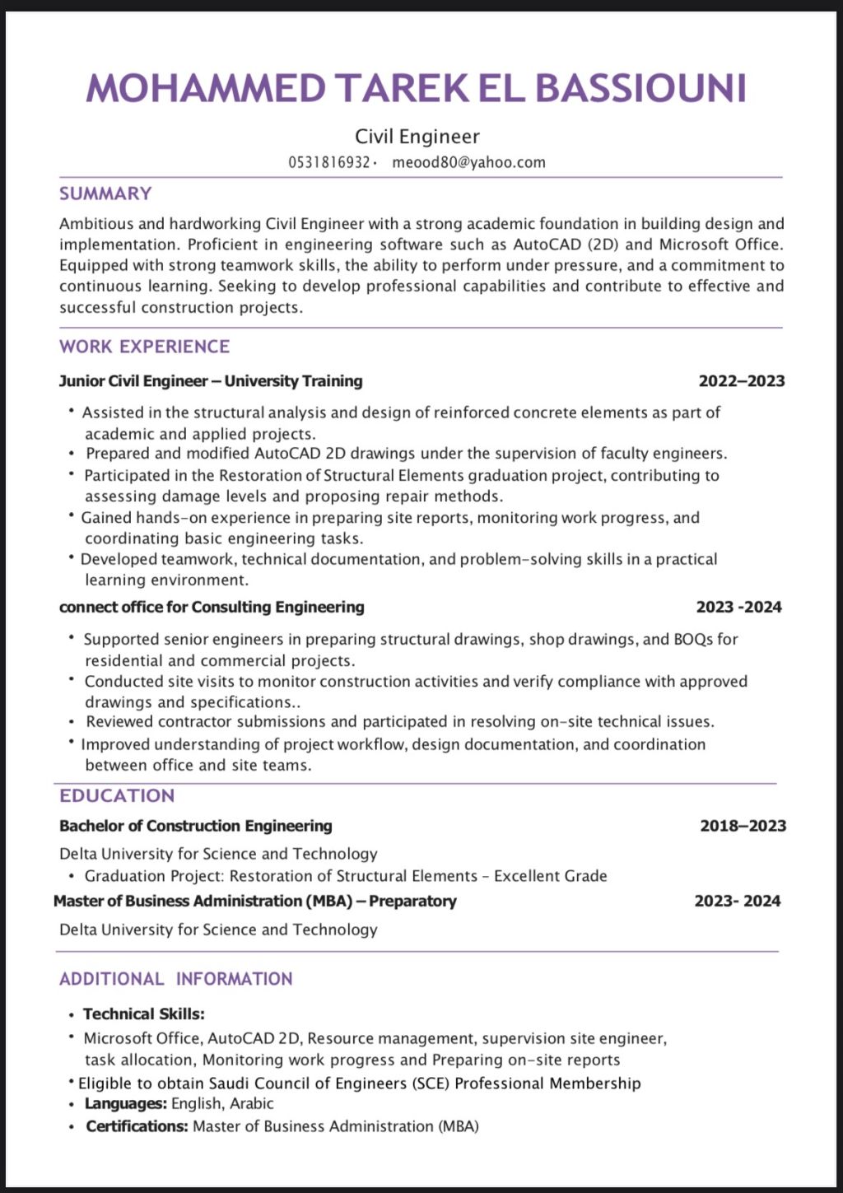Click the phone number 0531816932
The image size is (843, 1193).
coord(328,162)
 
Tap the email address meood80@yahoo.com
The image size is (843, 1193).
coord(468,162)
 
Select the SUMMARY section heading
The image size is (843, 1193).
coord(105,193)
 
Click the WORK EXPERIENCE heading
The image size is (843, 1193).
coord(144,347)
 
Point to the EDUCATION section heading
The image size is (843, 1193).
coord(117,795)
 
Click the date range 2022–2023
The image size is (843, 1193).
coord(741,381)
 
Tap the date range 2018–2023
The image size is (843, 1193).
coord(743,826)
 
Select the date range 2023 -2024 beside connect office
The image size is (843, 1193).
coord(738,607)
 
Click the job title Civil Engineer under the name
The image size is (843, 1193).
coord(417,137)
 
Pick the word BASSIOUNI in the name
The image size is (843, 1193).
coord(640,88)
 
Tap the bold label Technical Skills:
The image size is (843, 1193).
coord(143,1014)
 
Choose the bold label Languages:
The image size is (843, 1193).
coord(126,1103)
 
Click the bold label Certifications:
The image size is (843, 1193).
coord(137,1125)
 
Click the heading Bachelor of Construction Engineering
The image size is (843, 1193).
coord(196,826)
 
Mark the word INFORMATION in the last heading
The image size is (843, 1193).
coord(234,979)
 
